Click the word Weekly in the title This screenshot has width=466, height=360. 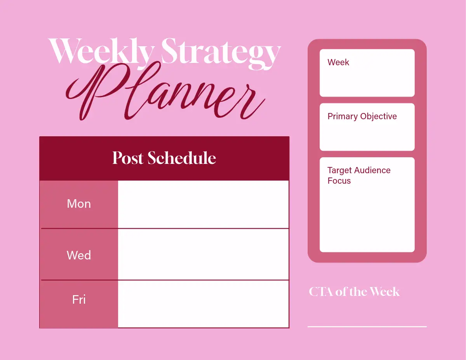[x=101, y=52]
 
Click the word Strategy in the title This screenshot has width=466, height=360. [x=221, y=54]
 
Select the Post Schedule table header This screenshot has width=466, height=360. [x=164, y=158]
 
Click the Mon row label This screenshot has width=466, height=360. [x=79, y=204]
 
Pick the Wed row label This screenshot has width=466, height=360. [x=79, y=255]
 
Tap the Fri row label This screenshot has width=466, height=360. [x=79, y=299]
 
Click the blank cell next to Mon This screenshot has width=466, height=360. [x=203, y=204]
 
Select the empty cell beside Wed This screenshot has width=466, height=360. [x=203, y=254]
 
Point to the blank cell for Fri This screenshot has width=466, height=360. [x=203, y=304]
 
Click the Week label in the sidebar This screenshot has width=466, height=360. [x=338, y=63]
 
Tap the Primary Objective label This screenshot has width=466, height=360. [x=362, y=117]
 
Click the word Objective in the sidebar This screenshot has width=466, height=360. [x=379, y=117]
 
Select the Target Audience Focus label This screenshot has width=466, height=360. [x=359, y=176]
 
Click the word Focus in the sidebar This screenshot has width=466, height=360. [x=339, y=181]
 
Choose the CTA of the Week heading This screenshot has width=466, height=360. [x=354, y=292]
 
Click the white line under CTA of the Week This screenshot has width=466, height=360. [x=367, y=327]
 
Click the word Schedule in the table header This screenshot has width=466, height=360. [x=182, y=158]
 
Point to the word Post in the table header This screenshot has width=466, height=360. [x=128, y=158]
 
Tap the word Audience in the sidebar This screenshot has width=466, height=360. [x=372, y=170]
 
